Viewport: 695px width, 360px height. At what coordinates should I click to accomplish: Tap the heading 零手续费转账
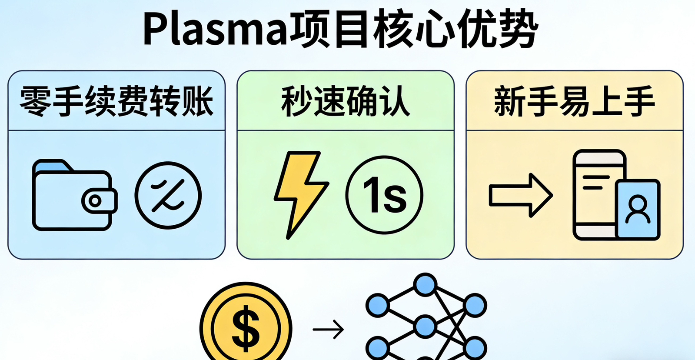(x=116, y=101)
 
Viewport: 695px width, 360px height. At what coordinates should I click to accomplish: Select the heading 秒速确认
(x=346, y=101)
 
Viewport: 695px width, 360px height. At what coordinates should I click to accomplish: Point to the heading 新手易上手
(x=574, y=101)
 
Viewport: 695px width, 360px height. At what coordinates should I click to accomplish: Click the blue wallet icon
(x=72, y=196)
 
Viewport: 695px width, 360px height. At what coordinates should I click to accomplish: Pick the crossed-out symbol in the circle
(x=168, y=195)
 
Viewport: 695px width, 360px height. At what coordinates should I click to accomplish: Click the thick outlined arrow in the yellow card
(x=520, y=195)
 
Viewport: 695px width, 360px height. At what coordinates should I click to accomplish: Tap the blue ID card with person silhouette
(x=638, y=209)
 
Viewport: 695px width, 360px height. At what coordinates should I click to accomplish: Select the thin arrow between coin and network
(x=328, y=329)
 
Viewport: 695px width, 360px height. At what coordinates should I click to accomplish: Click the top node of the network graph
(x=425, y=285)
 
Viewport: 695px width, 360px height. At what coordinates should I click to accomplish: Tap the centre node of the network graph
(x=425, y=326)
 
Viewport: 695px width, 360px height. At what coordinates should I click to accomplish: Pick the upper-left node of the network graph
(x=377, y=305)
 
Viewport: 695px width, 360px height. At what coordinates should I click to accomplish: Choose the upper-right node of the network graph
(x=475, y=305)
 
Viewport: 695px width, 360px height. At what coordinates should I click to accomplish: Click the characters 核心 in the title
(x=413, y=30)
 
